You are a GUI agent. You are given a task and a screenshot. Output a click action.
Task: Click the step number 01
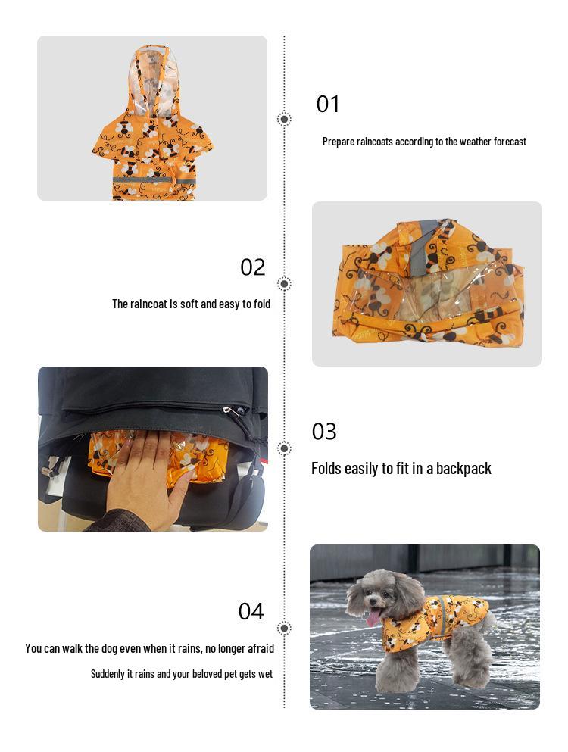pos(328,104)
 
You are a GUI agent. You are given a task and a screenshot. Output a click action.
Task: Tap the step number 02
pos(253,267)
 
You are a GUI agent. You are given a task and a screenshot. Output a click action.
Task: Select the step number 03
pos(324,432)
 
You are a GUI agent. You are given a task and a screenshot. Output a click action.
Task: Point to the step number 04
pos(251,611)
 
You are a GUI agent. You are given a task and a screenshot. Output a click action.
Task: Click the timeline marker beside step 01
pos(284,119)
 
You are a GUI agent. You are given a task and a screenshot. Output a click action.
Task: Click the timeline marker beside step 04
pos(284,628)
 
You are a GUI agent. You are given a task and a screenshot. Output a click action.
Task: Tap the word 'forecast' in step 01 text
pos(510,142)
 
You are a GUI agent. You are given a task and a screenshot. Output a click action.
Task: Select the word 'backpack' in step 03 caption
pos(463,468)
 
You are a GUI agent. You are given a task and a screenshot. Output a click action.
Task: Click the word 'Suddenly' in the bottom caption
pos(107,673)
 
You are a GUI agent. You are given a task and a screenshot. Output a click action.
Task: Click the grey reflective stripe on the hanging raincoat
pos(151,179)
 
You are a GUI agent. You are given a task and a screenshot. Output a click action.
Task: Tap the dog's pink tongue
pos(373,618)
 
